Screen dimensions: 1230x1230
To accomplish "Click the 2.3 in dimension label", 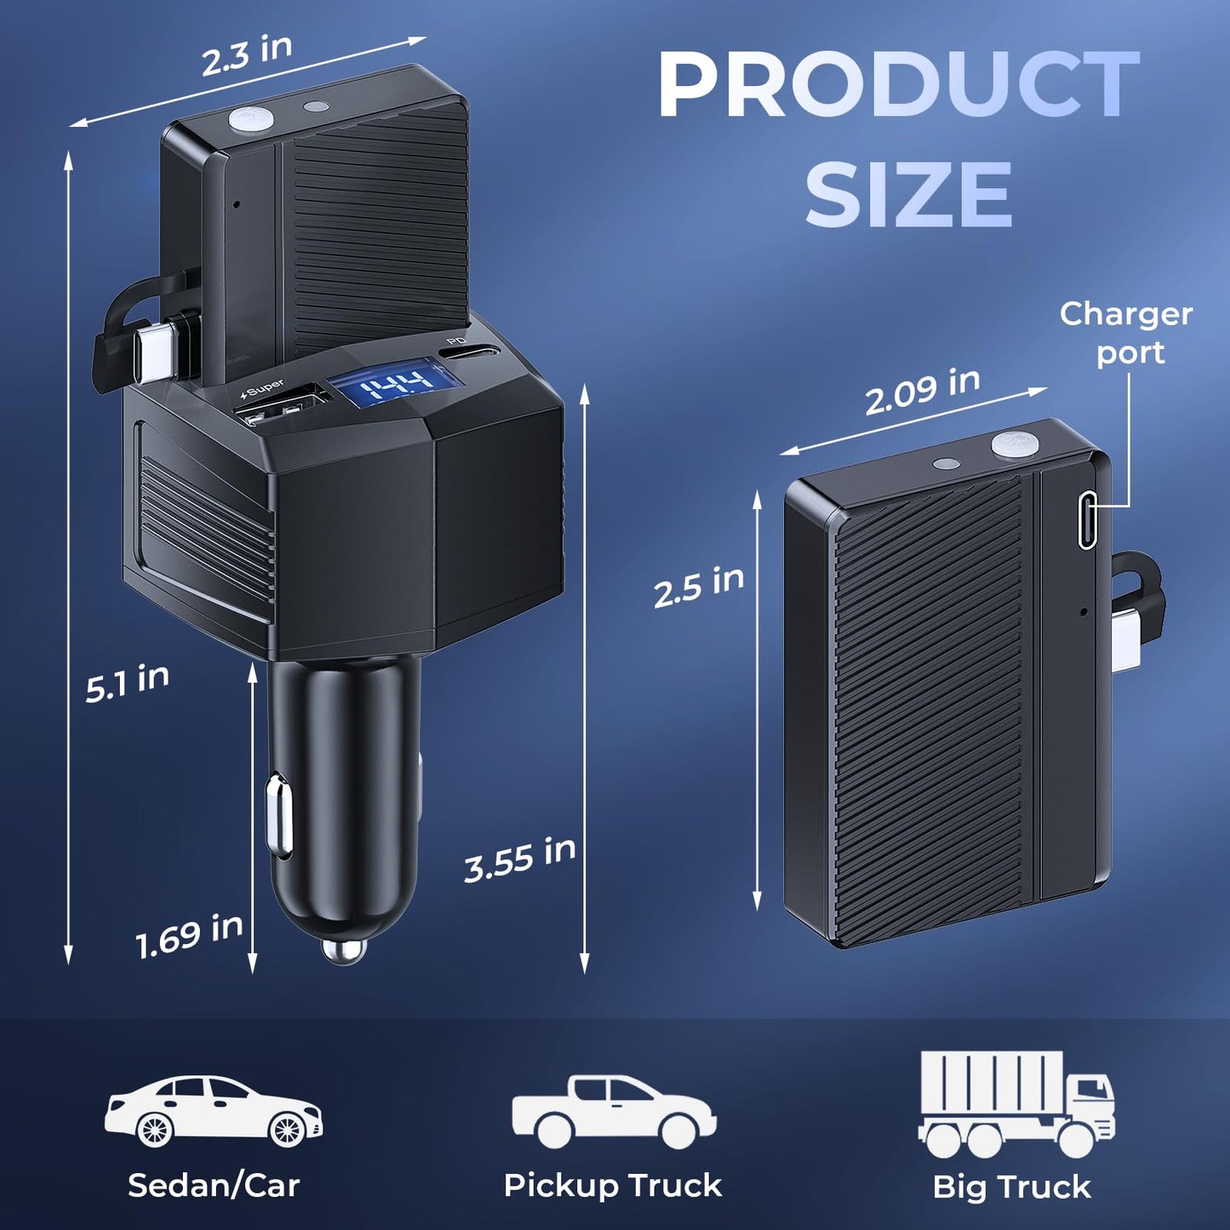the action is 247,55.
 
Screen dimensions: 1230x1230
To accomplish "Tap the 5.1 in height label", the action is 128,682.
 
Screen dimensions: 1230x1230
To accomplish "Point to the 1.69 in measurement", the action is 190,935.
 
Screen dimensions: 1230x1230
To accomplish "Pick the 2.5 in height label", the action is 699,586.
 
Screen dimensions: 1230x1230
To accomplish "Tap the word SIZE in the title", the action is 909,194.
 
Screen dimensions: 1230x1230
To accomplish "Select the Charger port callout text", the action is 1126,333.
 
